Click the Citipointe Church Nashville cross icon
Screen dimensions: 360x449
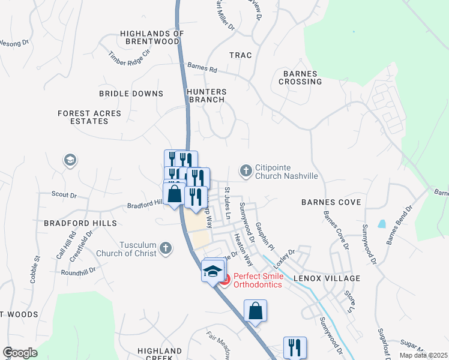246,172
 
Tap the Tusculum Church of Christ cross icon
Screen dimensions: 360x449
166,248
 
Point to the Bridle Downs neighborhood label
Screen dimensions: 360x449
131,94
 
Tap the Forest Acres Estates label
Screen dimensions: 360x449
89,117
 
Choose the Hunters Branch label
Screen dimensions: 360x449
206,95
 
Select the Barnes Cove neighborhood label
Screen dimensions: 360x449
331,202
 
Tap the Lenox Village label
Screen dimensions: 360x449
327,278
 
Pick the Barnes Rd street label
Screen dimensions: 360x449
202,68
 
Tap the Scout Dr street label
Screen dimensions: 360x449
64,195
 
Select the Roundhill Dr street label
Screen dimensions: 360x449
79,271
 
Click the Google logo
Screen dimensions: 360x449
20,353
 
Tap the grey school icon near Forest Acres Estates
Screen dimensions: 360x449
70,160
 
